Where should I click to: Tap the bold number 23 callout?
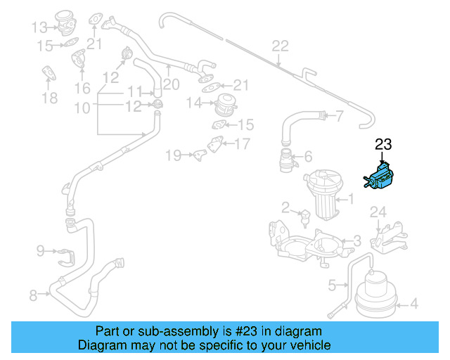(383, 145)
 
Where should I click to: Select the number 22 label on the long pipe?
(280, 46)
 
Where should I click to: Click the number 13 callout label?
(39, 28)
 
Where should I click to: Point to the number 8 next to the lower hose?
(32, 296)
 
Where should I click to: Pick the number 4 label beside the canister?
(414, 304)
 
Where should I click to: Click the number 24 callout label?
(378, 211)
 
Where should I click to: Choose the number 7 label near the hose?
(339, 116)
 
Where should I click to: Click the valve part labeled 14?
(226, 105)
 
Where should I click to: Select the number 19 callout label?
(173, 153)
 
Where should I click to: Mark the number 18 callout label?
(49, 98)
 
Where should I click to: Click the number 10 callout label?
(82, 108)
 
